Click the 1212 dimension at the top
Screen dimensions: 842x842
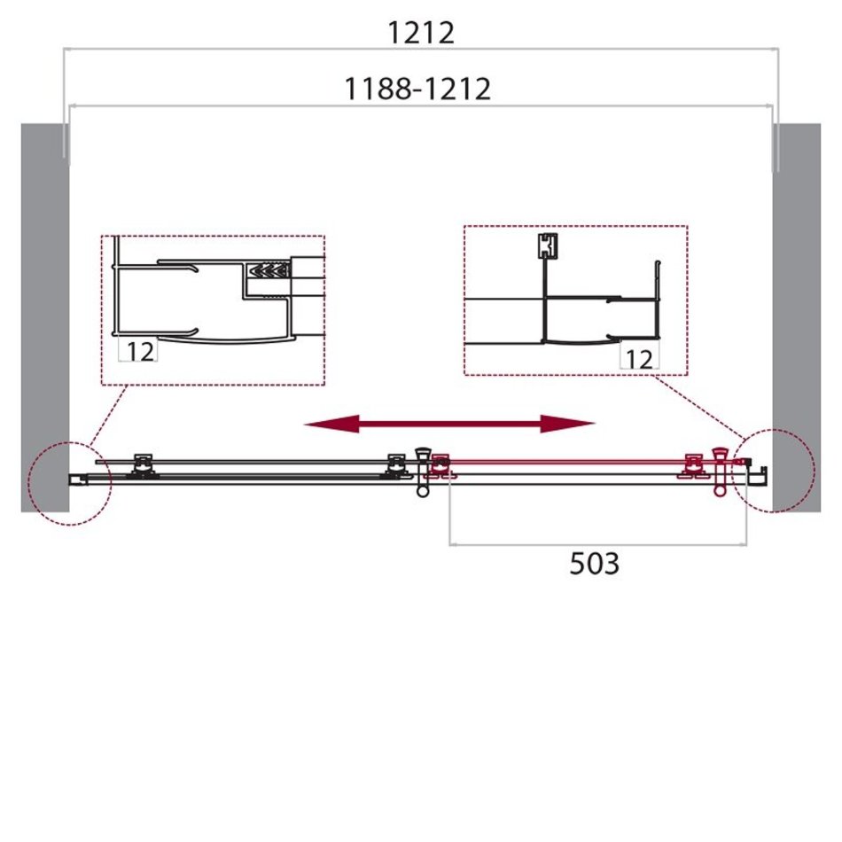[420, 34]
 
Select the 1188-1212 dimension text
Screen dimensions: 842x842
[417, 90]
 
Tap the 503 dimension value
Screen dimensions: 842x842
[595, 564]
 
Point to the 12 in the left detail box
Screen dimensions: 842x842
[140, 352]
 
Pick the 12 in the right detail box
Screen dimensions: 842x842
[640, 360]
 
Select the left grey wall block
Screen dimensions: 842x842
[45, 317]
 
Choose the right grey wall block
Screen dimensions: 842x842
[797, 317]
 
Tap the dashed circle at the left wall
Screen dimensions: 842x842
[31, 483]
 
